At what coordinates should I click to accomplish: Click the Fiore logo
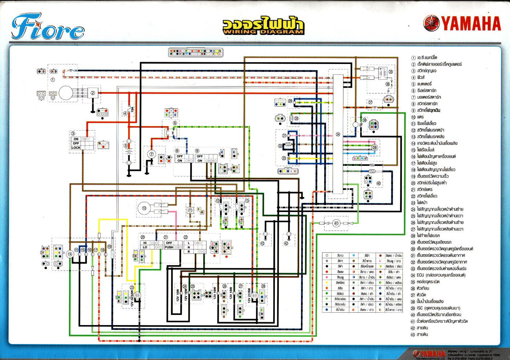[47, 27]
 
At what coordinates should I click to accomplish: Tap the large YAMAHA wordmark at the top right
[471, 24]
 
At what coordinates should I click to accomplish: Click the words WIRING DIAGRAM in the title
[263, 32]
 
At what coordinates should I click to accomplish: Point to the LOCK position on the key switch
[76, 148]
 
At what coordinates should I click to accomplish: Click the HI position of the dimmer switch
[145, 243]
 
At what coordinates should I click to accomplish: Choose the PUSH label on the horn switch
[169, 247]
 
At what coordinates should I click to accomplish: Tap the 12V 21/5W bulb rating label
[249, 296]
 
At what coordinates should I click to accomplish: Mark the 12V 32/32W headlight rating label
[132, 298]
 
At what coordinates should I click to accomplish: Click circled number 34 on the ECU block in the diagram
[338, 135]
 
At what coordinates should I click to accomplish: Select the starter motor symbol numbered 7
[152, 154]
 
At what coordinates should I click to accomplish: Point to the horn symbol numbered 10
[144, 208]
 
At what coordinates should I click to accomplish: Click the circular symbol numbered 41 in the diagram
[336, 223]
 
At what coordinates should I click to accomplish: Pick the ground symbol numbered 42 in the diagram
[289, 235]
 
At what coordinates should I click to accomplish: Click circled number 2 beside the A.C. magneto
[93, 93]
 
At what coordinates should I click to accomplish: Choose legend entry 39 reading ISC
[438, 308]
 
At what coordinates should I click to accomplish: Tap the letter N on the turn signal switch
[189, 247]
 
